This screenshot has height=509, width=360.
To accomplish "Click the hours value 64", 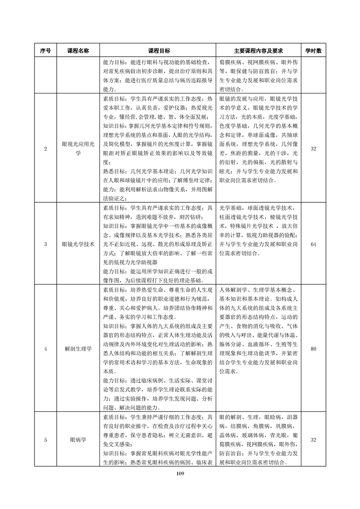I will [313, 244].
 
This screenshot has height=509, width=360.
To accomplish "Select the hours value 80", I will [313, 349].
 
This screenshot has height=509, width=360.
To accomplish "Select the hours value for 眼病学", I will [313, 440].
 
